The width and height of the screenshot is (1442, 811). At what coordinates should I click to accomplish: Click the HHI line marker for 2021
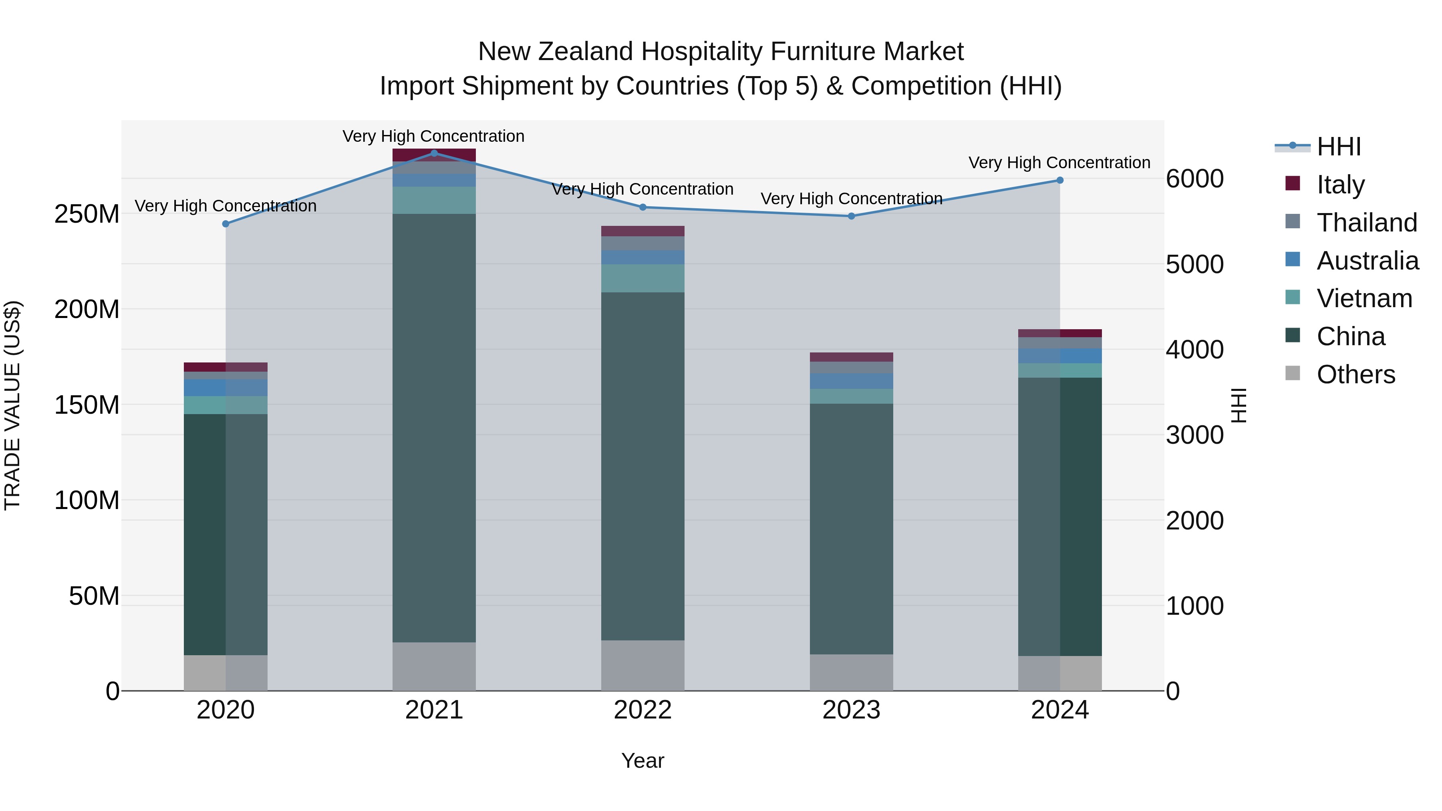pos(434,153)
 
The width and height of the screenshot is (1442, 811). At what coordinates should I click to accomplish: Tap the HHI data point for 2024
pos(1059,180)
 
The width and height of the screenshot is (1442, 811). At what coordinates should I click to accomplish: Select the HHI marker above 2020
pos(226,224)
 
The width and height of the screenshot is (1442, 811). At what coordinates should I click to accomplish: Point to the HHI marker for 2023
pos(852,216)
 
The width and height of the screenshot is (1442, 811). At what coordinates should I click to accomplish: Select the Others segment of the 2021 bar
pos(434,666)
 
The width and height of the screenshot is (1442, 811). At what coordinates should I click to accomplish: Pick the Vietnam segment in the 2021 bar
pos(434,200)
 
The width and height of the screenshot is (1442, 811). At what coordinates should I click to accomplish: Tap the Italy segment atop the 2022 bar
pos(642,231)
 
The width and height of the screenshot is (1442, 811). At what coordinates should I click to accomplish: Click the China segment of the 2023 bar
pos(852,529)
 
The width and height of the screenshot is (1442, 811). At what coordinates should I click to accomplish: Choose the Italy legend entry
pos(1340,185)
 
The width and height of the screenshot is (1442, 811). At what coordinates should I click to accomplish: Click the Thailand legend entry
pos(1366,223)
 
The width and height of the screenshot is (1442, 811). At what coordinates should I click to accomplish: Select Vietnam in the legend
pos(1364,298)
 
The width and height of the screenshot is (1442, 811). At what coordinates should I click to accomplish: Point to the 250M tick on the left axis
pos(87,214)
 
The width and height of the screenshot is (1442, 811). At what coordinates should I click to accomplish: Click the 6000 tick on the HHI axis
pos(1194,179)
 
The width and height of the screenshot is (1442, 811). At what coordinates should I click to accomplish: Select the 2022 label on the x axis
pos(642,710)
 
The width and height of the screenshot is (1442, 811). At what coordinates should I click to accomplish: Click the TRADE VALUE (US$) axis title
pos(12,405)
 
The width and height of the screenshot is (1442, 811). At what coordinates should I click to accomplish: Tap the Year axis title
pos(642,761)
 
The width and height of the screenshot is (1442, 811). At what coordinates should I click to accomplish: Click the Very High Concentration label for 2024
pos(1059,163)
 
